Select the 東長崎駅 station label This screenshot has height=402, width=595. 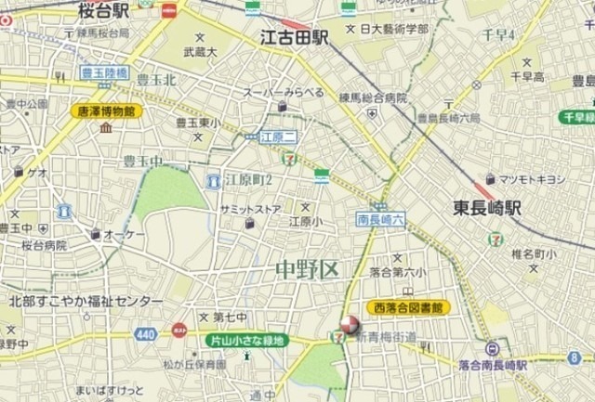[487, 208]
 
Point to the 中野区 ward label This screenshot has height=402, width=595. [305, 270]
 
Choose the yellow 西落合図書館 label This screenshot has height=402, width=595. [407, 306]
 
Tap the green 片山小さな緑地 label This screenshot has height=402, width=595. [246, 341]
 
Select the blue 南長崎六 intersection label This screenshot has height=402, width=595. [380, 220]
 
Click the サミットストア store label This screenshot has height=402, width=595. [250, 210]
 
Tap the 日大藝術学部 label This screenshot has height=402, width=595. [394, 29]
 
